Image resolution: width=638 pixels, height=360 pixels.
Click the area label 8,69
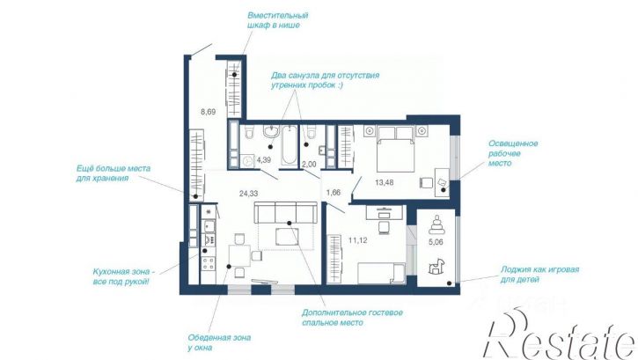(208, 112)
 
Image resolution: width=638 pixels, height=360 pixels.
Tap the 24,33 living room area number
(249, 194)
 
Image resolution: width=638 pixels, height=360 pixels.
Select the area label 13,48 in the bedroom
(384, 183)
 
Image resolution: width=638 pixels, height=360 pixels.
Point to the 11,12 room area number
(357, 240)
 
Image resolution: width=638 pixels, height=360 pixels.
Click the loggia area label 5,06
(436, 242)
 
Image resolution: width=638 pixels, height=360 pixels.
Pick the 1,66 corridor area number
(334, 193)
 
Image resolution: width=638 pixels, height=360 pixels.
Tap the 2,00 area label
(309, 164)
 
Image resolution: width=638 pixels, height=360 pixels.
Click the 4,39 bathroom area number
(264, 160)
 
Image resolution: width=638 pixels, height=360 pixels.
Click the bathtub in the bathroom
(290, 145)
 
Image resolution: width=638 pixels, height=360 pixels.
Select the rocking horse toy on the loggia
(437, 267)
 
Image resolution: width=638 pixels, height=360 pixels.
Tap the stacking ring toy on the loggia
(436, 224)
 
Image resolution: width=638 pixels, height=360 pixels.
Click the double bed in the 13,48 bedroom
(395, 149)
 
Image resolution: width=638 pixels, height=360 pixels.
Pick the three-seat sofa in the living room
(285, 212)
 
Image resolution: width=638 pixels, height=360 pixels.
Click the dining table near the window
(239, 256)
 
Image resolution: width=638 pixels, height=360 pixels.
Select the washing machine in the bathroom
(247, 161)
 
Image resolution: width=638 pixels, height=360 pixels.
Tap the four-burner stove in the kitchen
(209, 263)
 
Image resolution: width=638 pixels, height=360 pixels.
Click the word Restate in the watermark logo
(560, 336)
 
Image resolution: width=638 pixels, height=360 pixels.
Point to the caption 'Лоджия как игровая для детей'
(539, 274)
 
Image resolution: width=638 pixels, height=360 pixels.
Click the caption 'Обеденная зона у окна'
(219, 342)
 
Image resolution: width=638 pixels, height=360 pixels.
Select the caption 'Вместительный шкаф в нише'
(278, 20)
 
